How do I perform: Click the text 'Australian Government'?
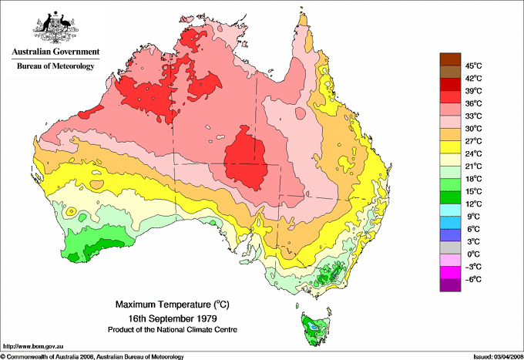tap(55, 52)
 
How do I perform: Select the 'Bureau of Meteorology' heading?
tap(55, 66)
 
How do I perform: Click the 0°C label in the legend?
tap(472, 254)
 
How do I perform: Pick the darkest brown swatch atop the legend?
tap(449, 59)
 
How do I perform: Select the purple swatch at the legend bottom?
tap(449, 285)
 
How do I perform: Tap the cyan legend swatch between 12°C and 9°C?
tap(449, 210)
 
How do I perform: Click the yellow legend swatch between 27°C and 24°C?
tap(449, 147)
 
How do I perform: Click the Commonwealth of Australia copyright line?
tap(92, 356)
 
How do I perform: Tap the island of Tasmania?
tap(314, 328)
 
